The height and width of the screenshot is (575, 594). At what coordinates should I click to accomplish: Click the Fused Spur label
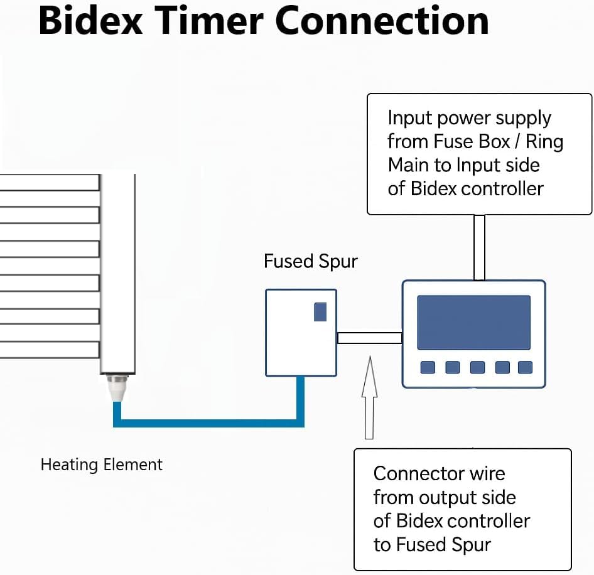tap(310, 261)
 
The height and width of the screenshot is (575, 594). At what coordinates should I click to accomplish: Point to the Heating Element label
tap(101, 465)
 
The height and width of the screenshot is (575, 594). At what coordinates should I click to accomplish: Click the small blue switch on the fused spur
tap(320, 311)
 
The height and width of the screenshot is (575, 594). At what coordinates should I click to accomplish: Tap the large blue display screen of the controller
tap(473, 322)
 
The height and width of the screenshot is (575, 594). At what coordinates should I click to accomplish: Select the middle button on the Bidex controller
tap(477, 367)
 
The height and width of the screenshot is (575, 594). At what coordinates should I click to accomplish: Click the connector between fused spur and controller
tap(369, 338)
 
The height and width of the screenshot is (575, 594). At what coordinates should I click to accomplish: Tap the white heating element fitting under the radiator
tap(117, 390)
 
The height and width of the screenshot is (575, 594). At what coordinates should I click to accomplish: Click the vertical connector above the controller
tap(479, 247)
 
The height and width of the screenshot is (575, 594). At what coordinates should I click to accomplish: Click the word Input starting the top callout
tap(410, 118)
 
